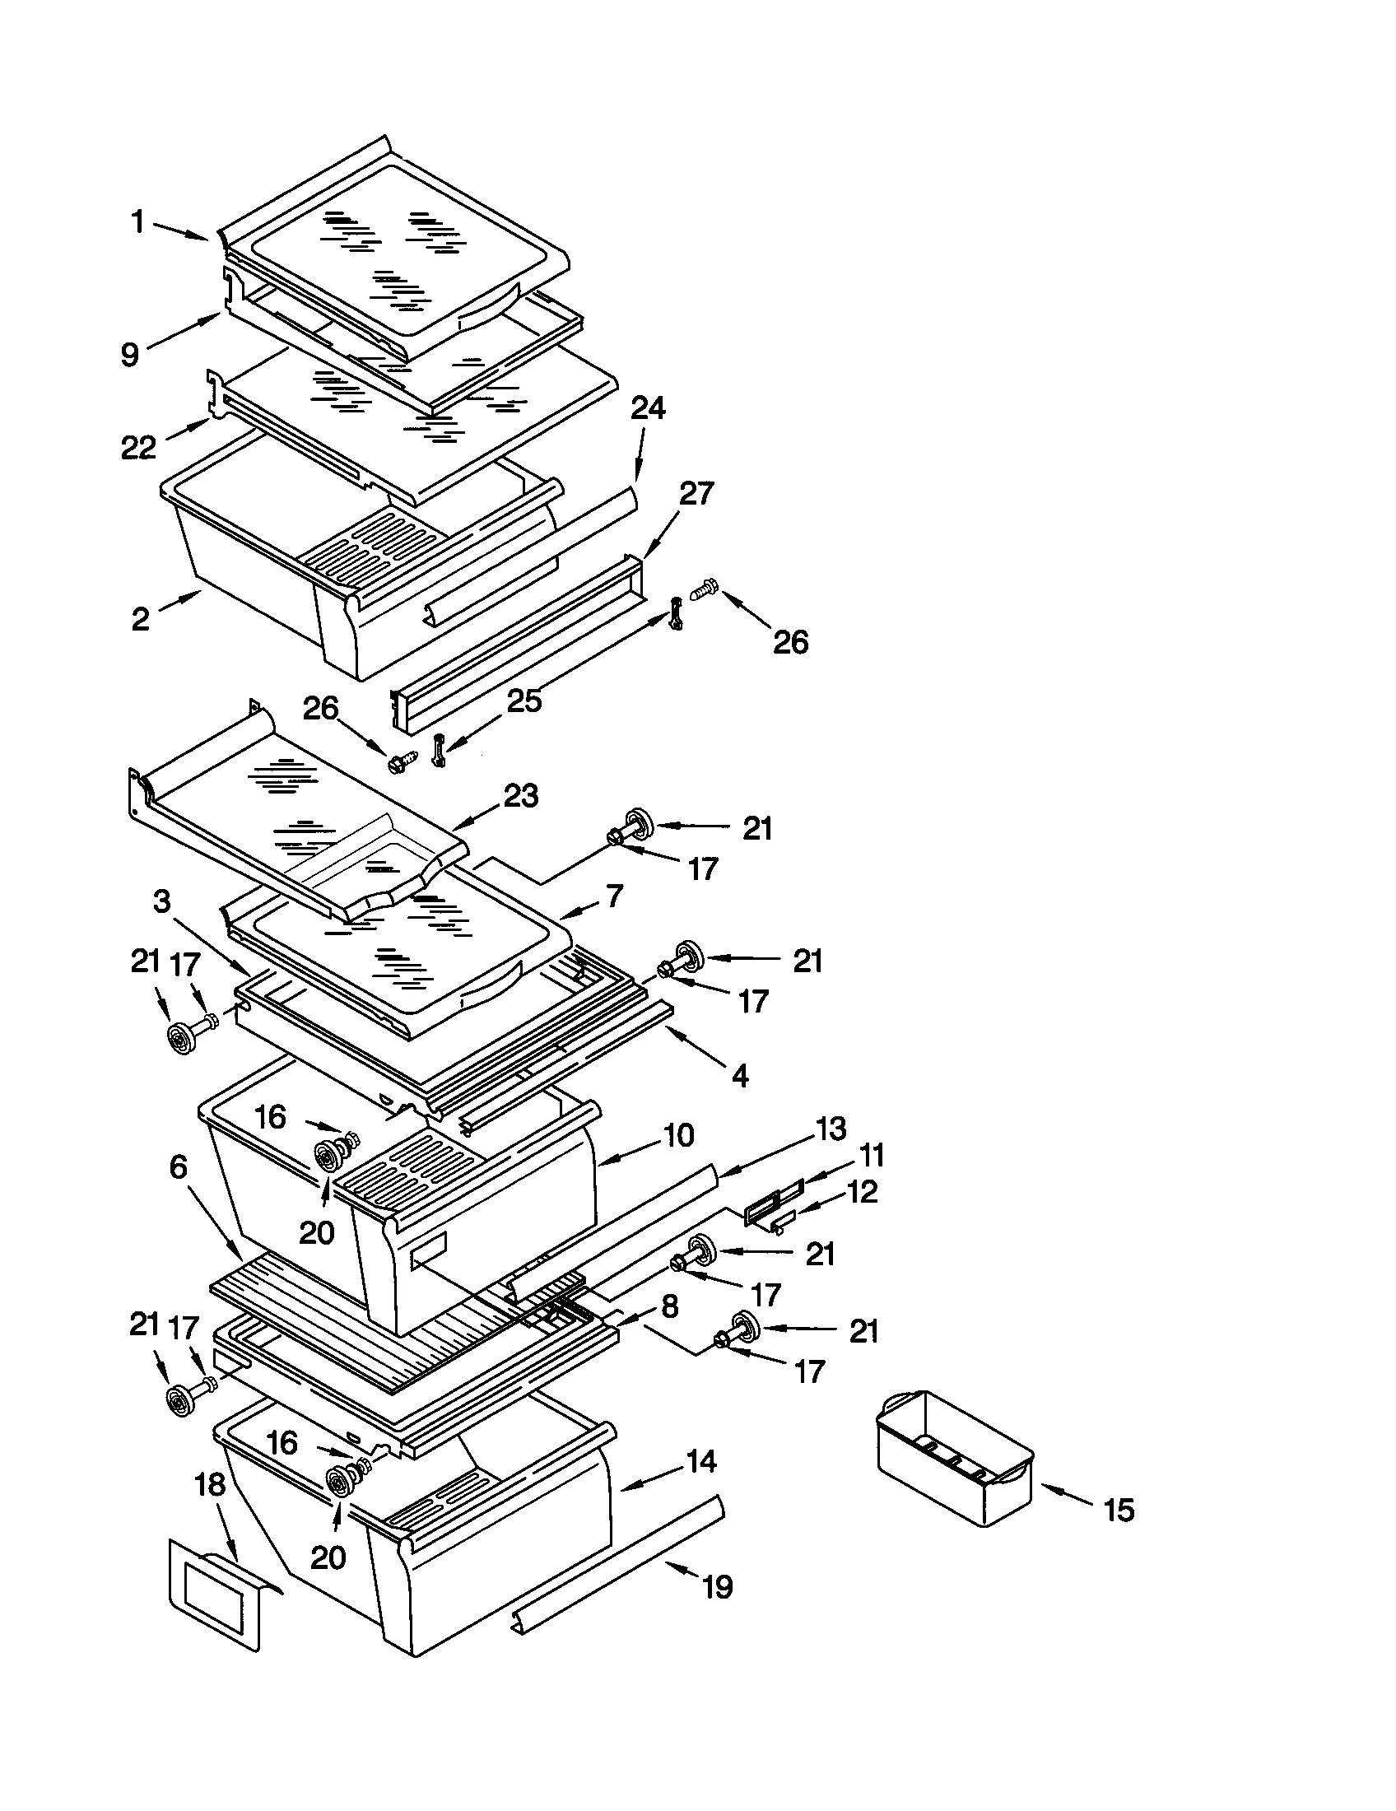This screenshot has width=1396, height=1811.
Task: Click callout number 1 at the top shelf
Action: pyautogui.click(x=137, y=221)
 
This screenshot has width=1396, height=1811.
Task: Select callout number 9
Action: pyautogui.click(x=129, y=355)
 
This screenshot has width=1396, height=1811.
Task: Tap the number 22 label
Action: pyautogui.click(x=137, y=448)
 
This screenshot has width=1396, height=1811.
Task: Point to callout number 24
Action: pyautogui.click(x=648, y=409)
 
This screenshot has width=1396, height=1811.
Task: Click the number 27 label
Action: pyautogui.click(x=696, y=494)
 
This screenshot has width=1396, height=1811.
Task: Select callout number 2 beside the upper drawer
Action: pyautogui.click(x=141, y=618)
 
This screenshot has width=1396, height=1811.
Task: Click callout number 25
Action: pyautogui.click(x=524, y=701)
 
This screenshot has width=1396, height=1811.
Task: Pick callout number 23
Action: pyautogui.click(x=520, y=796)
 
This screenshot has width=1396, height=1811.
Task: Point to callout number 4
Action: pyautogui.click(x=740, y=1077)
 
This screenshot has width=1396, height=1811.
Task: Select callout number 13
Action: pyautogui.click(x=830, y=1129)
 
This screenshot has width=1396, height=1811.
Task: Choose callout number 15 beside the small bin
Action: pyautogui.click(x=1119, y=1511)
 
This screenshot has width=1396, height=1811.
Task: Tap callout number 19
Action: pyautogui.click(x=717, y=1587)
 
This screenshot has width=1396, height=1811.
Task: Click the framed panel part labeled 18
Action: pyautogui.click(x=217, y=1594)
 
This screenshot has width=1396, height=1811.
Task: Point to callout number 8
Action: pyautogui.click(x=670, y=1307)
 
